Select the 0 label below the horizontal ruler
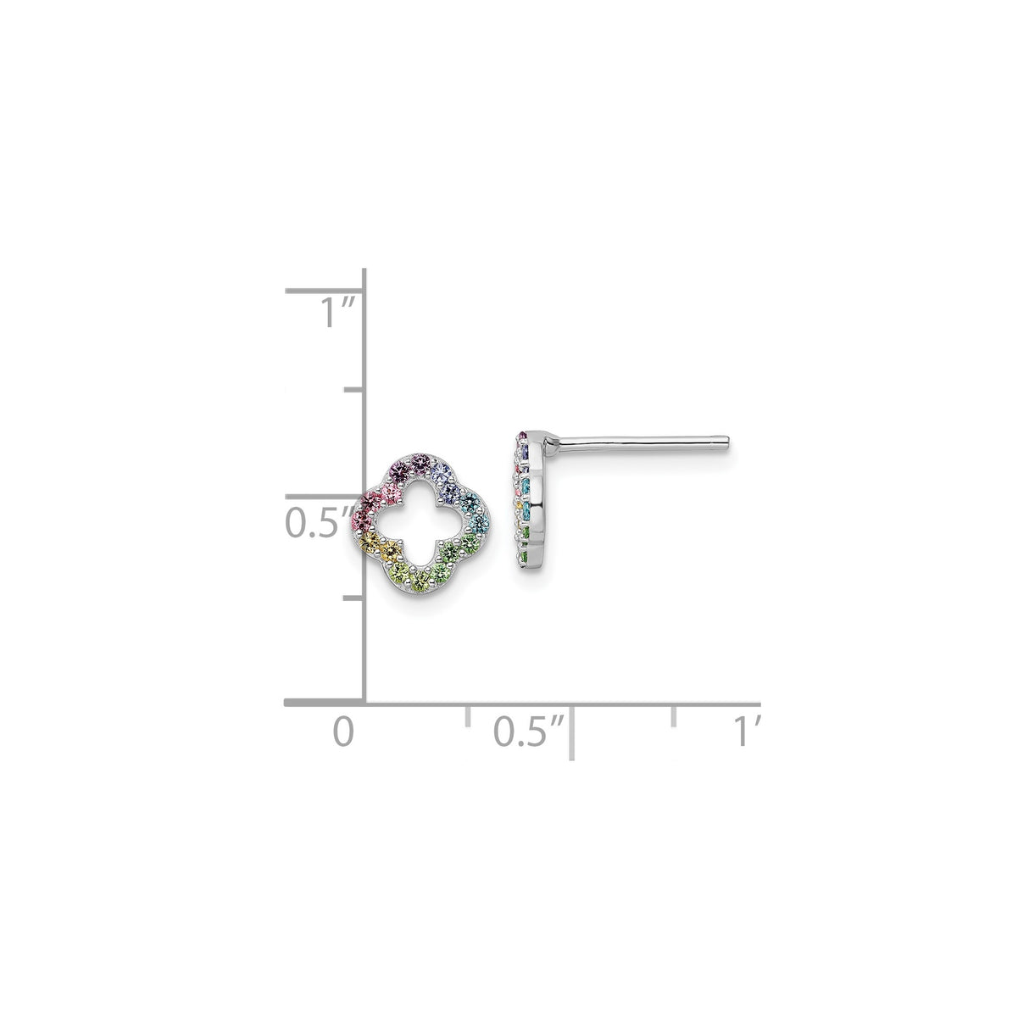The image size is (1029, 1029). [x=342, y=730]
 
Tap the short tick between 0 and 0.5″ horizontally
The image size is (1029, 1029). [x=468, y=714]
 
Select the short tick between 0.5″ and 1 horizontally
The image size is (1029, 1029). [x=674, y=714]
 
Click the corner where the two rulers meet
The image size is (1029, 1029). [x=364, y=703]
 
